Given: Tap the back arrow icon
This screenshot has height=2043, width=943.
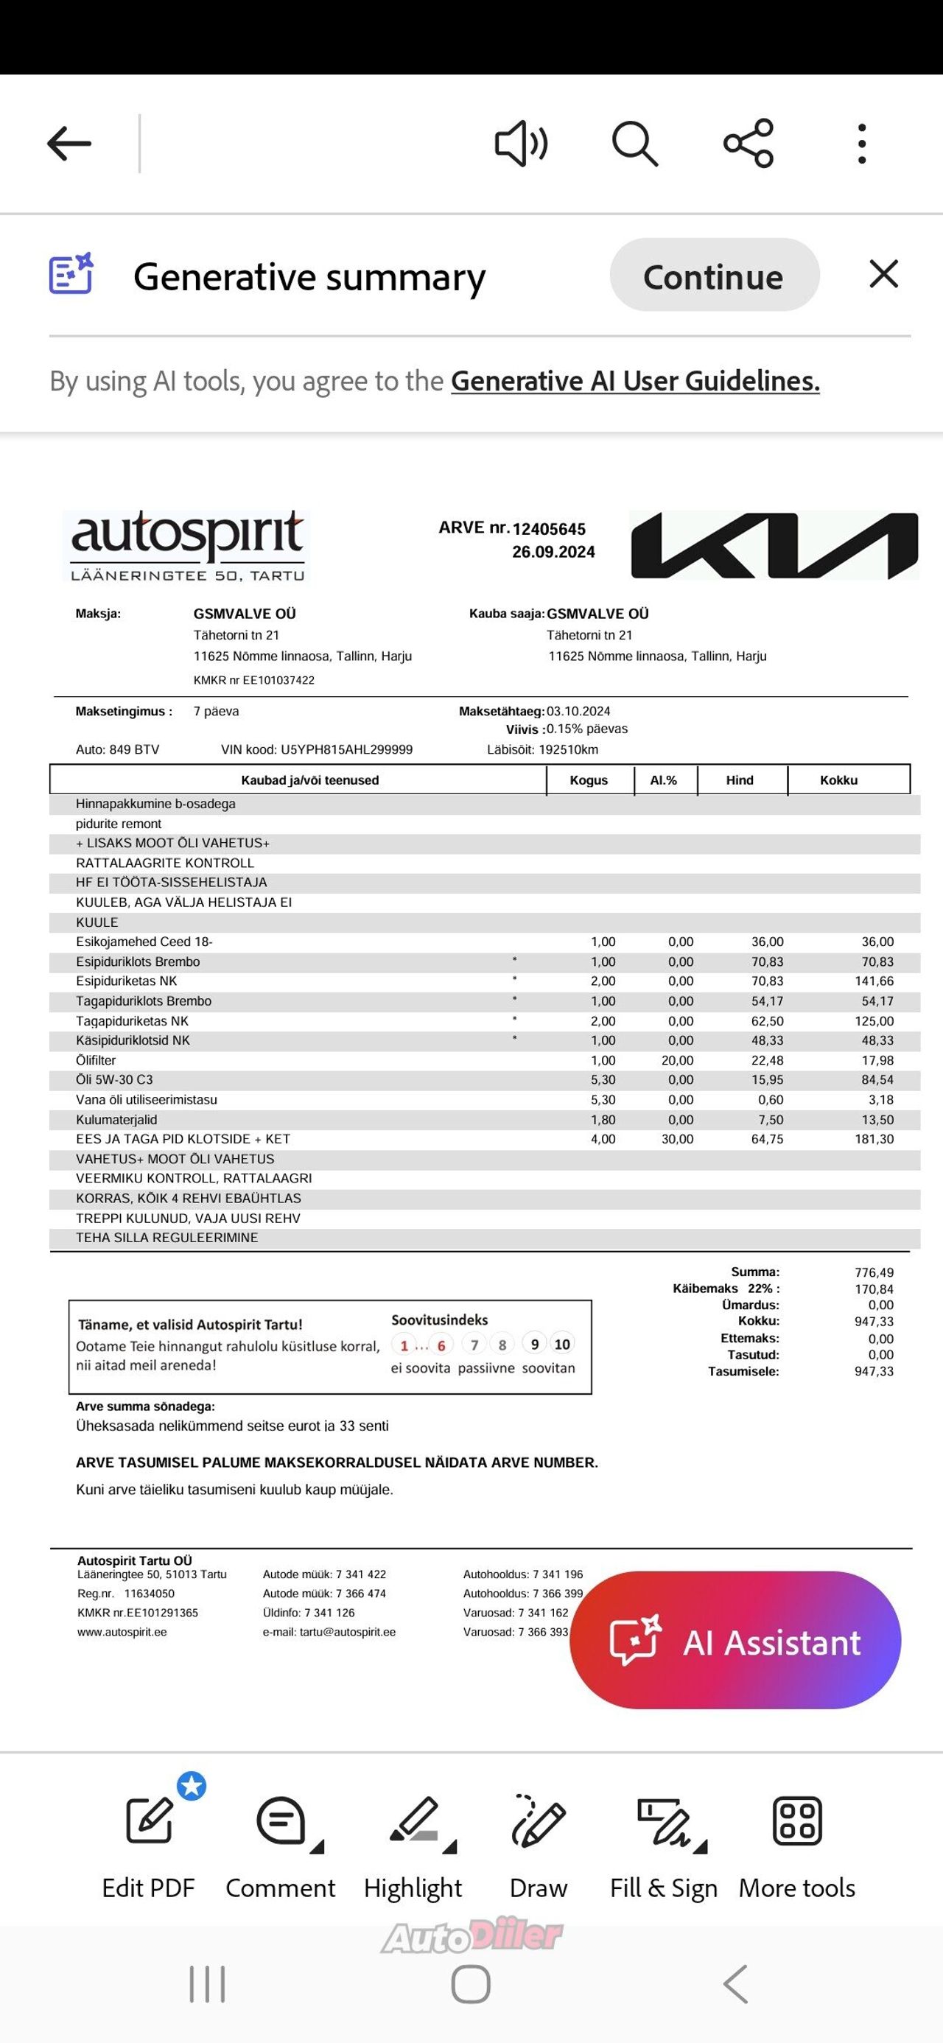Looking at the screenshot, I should pyautogui.click(x=69, y=144).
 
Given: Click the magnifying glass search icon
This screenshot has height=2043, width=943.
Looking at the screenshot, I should pyautogui.click(x=634, y=144).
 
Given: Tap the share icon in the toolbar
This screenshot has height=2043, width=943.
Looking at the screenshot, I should pyautogui.click(x=748, y=144).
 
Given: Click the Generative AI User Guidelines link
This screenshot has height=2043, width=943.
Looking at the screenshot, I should pyautogui.click(x=634, y=382).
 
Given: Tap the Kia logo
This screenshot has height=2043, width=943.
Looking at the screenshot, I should pyautogui.click(x=774, y=546).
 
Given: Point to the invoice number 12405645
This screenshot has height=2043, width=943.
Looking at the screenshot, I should pyautogui.click(x=549, y=529).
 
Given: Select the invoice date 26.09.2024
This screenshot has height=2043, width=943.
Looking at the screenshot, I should pyautogui.click(x=553, y=552).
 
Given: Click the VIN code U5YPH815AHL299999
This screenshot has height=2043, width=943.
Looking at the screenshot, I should pyautogui.click(x=346, y=749).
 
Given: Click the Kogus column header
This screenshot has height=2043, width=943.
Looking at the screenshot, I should pyautogui.click(x=589, y=780).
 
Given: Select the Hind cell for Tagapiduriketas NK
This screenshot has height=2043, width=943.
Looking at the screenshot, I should pyautogui.click(x=767, y=1020).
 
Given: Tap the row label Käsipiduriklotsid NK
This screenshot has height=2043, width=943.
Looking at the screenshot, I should pyautogui.click(x=133, y=1040).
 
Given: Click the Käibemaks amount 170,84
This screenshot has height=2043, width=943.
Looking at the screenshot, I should pyautogui.click(x=874, y=1289).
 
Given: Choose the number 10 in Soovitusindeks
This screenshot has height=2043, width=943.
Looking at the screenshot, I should pyautogui.click(x=562, y=1345).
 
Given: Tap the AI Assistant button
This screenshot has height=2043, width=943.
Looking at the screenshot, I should pyautogui.click(x=735, y=1642).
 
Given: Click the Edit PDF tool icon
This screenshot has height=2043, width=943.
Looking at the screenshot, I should pyautogui.click(x=149, y=1819).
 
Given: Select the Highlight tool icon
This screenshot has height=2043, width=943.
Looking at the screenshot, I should pyautogui.click(x=414, y=1819).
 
